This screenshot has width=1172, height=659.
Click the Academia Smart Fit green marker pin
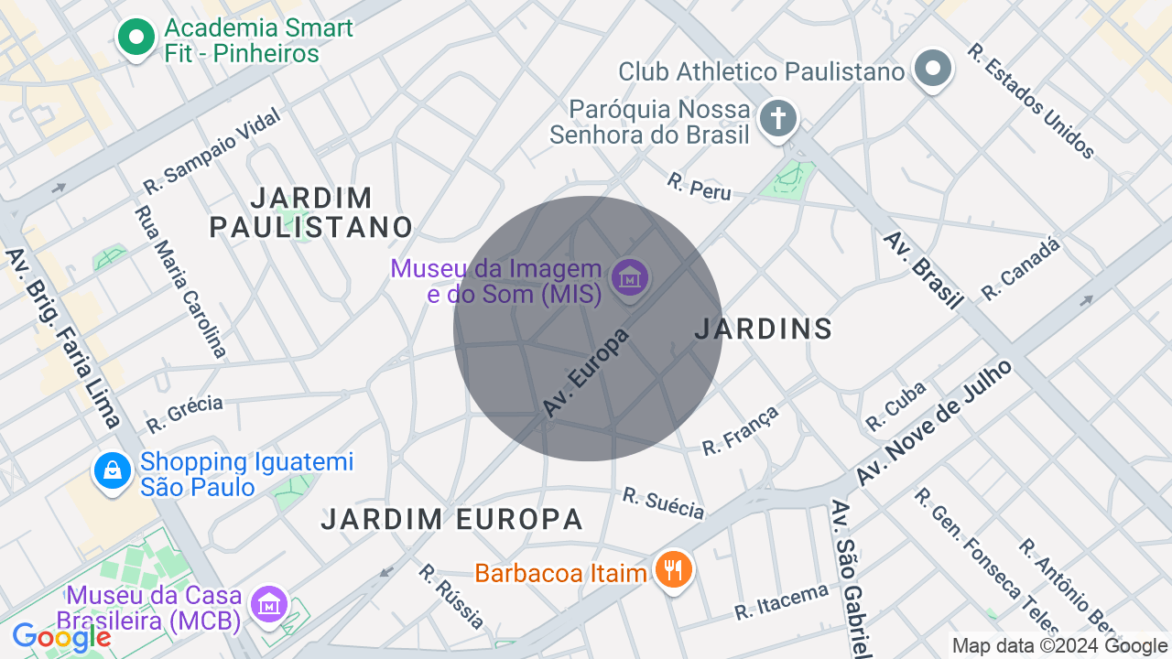click(136, 38)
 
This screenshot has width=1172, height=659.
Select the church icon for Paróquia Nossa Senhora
click(778, 119)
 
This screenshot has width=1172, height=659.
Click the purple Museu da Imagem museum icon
click(630, 276)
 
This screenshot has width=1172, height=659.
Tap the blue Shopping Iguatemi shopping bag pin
click(113, 471)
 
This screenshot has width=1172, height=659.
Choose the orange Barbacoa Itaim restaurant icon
click(674, 571)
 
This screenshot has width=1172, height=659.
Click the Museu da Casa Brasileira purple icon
click(270, 605)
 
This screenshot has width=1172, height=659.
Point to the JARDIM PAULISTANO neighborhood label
click(311, 212)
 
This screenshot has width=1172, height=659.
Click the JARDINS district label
click(764, 329)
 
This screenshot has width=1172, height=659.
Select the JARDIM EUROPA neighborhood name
click(451, 520)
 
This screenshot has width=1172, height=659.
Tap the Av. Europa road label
click(586, 373)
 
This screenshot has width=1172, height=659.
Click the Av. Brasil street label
click(923, 270)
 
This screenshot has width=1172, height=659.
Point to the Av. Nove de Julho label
click(935, 423)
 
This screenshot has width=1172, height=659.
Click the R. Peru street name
click(700, 186)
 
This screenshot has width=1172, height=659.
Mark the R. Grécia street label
click(184, 414)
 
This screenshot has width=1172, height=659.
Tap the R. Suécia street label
click(664, 502)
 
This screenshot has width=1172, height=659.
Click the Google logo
click(61, 637)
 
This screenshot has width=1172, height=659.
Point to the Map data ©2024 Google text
click(1059, 646)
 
